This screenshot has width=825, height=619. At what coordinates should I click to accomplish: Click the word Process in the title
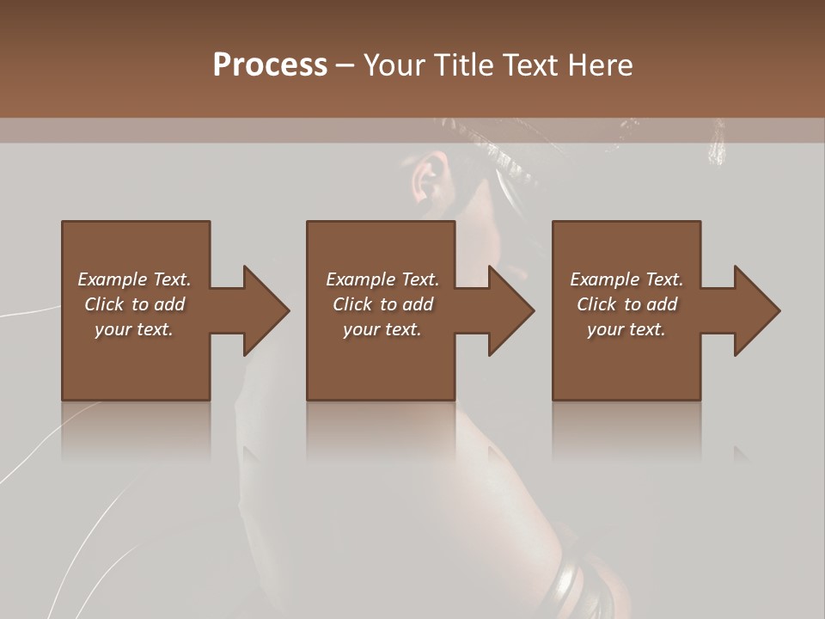270,65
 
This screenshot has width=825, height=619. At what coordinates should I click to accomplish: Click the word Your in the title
395,65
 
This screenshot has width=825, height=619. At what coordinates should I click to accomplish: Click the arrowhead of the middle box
510,310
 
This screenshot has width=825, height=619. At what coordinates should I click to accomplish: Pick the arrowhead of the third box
756,310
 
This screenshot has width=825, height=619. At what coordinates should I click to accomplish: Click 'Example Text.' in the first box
134,279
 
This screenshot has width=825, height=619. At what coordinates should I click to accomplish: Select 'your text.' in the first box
134,329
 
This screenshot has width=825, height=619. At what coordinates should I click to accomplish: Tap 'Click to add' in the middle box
382,304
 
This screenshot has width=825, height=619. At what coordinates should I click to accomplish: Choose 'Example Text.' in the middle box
382,279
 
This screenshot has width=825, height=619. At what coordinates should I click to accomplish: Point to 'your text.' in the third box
626,329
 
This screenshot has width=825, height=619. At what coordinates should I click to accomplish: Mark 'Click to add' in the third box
626,304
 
